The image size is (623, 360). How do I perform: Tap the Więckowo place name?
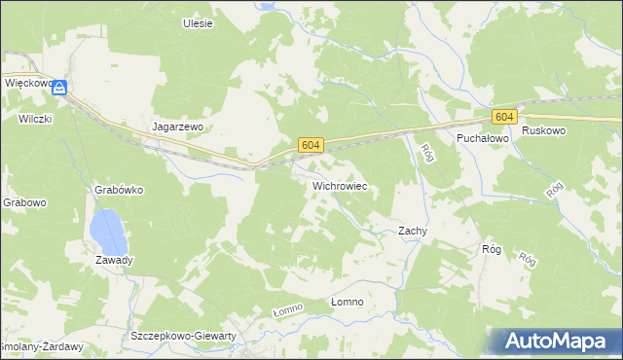(26, 84)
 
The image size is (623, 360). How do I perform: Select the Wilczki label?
(33, 119)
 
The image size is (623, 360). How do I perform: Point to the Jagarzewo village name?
(177, 126)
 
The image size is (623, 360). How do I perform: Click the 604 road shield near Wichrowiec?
(310, 145)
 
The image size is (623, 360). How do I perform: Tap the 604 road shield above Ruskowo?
(503, 117)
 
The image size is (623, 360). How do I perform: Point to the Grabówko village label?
(120, 190)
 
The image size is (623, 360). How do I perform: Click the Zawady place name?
(114, 261)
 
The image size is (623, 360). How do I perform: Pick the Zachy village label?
(413, 231)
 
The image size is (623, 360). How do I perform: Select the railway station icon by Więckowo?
(60, 88)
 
